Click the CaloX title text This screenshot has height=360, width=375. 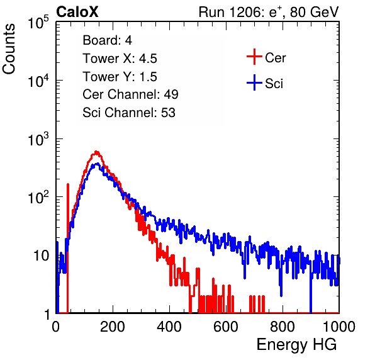coord(77,12)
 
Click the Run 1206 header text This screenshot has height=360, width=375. coord(269,12)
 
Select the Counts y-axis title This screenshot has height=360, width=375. coord(9,49)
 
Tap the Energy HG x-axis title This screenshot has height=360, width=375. coord(296,345)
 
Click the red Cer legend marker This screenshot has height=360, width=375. coord(254,57)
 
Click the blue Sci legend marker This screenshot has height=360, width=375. coord(254,82)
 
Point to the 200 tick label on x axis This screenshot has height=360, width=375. coord(113,327)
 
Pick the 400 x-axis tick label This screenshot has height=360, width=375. coord(169,327)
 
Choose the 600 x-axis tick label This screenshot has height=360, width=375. coord(226,327)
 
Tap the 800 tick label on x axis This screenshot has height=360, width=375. coord(283,327)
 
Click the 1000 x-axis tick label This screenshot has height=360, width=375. coord(339,327)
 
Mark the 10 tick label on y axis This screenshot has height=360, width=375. coord(42,256)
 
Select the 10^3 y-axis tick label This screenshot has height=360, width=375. coord(38,140)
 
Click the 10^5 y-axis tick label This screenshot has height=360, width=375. coord(38,23)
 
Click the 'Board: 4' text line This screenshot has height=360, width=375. coord(107,40)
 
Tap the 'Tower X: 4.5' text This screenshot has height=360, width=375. coord(120,59)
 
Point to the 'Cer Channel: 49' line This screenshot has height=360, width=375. coord(130,94)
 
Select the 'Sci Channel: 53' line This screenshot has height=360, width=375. coord(129,113)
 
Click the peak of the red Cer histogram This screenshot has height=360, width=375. coord(96,152)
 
